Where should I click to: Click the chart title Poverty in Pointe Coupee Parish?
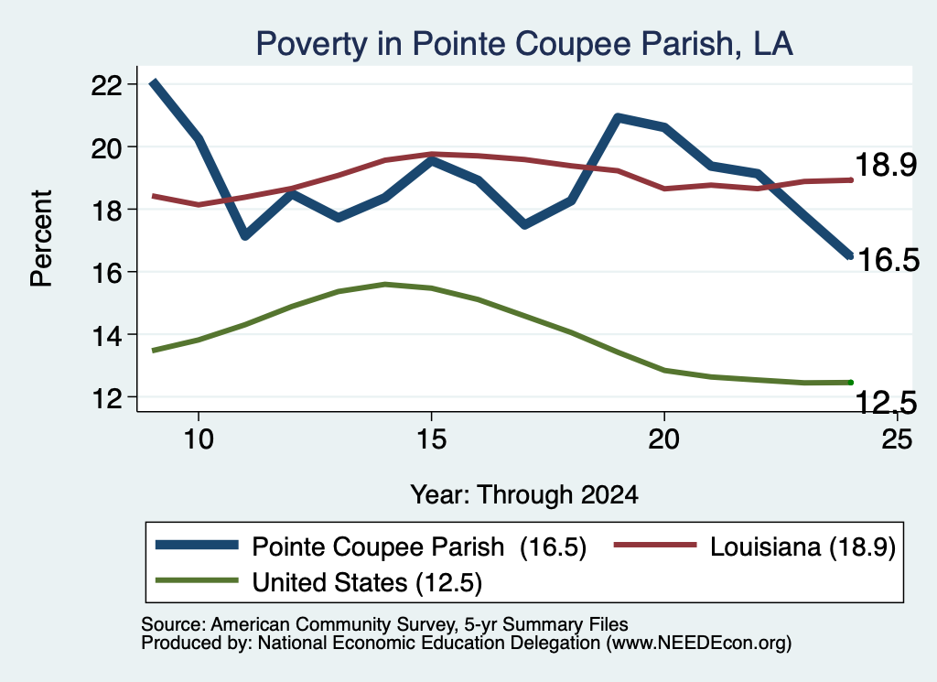coord(524,44)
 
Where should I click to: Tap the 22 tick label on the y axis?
coord(107,85)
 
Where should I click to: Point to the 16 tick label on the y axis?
coord(107,273)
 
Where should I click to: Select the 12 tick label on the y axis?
coord(107,398)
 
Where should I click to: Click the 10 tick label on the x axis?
coord(199,439)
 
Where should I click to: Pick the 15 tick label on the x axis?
coord(431,439)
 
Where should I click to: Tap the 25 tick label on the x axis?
coord(897,439)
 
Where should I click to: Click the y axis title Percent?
coord(42,239)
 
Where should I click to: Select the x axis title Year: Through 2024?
coord(524,495)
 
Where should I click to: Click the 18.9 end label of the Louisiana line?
coord(886,165)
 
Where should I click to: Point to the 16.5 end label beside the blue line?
coord(888,260)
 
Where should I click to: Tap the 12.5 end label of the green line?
coord(886,402)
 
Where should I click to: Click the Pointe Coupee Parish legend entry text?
coord(378,547)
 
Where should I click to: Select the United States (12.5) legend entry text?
coord(367,583)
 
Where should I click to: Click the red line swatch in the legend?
coord(655,545)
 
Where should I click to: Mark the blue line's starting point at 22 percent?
coord(154,82)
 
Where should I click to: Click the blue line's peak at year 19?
coord(618,118)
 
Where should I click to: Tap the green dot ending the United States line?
coord(850,383)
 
